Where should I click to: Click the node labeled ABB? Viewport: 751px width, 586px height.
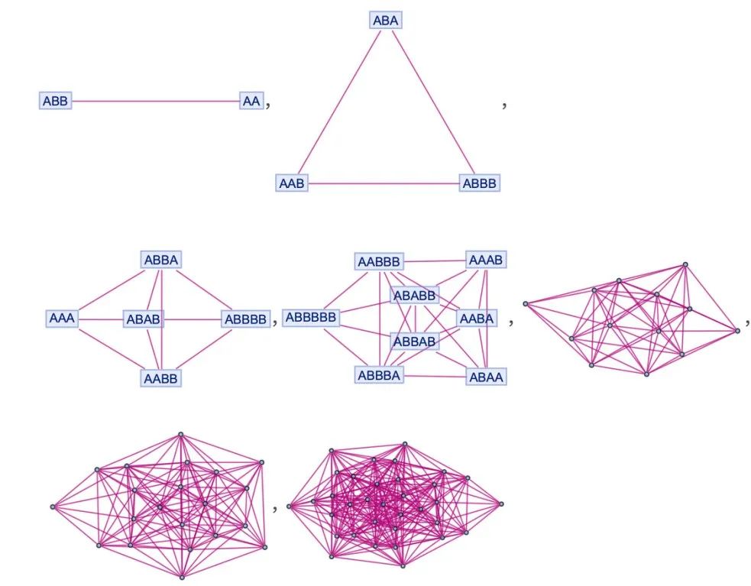click(x=55, y=100)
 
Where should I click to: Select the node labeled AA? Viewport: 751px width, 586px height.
click(x=251, y=100)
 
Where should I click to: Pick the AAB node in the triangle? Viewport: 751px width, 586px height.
click(x=292, y=183)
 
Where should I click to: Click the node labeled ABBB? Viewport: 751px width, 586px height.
click(x=480, y=183)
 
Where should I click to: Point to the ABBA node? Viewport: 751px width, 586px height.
click(x=161, y=261)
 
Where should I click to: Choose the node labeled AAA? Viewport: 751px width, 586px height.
click(x=62, y=319)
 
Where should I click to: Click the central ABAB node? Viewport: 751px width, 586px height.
click(x=144, y=319)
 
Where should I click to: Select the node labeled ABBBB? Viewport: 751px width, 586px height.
click(x=246, y=319)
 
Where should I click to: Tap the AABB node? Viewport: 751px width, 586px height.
click(x=161, y=377)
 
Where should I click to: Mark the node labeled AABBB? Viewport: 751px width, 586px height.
click(x=380, y=262)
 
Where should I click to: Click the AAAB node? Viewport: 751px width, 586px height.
click(x=486, y=261)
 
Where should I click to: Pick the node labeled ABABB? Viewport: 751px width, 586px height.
click(x=415, y=295)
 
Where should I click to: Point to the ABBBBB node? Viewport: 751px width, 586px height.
click(x=311, y=318)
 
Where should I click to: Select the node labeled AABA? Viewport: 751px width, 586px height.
click(x=477, y=318)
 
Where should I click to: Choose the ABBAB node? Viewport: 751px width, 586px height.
click(x=415, y=342)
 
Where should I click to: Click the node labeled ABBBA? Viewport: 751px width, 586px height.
click(x=380, y=375)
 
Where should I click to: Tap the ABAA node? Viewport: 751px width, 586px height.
click(x=486, y=377)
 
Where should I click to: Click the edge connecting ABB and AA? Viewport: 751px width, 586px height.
click(x=153, y=100)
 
